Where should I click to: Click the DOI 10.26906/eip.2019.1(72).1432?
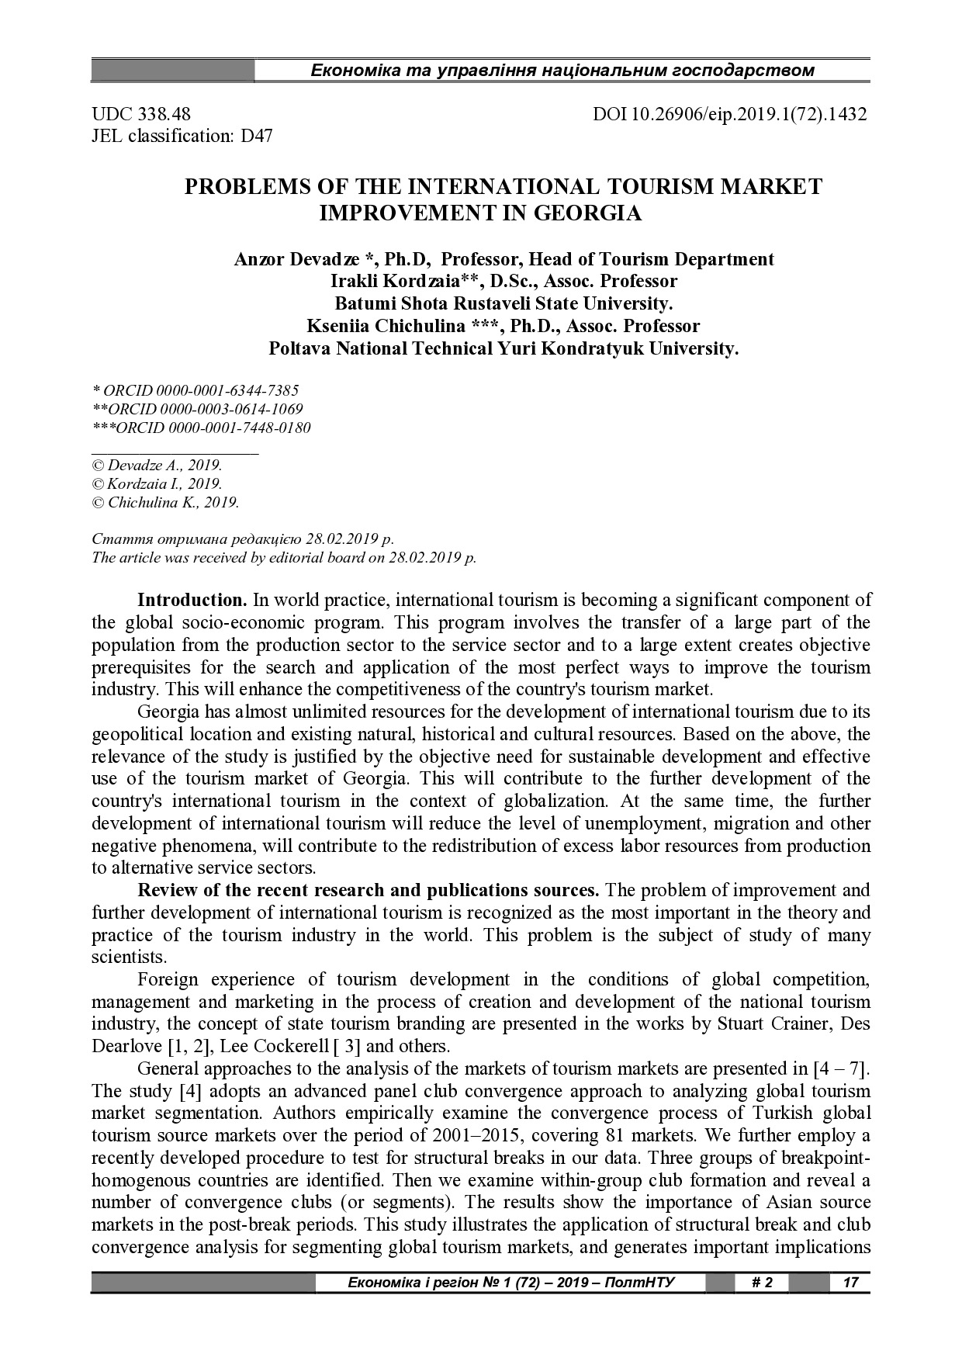(x=729, y=115)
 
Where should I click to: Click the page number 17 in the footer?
(x=850, y=1282)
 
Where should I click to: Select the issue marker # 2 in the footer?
(x=762, y=1282)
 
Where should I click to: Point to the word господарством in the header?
(x=750, y=71)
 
